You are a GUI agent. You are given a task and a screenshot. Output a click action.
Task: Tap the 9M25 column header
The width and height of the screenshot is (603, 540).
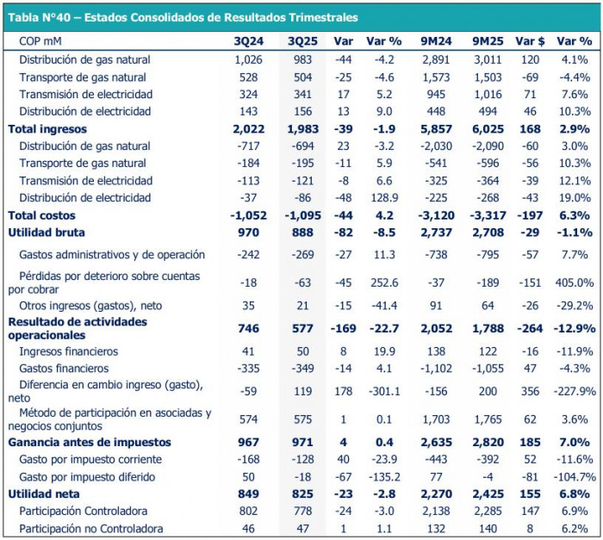[488, 40]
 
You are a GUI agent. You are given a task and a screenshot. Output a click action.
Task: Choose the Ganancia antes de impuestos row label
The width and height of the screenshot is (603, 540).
[90, 442]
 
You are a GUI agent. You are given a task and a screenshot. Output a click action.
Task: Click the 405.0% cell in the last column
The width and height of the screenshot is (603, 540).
[573, 282]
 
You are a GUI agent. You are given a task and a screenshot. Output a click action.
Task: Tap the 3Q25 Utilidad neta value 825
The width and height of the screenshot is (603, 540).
[305, 493]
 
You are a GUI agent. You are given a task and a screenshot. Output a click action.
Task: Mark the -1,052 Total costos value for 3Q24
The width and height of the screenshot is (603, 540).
[252, 214]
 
